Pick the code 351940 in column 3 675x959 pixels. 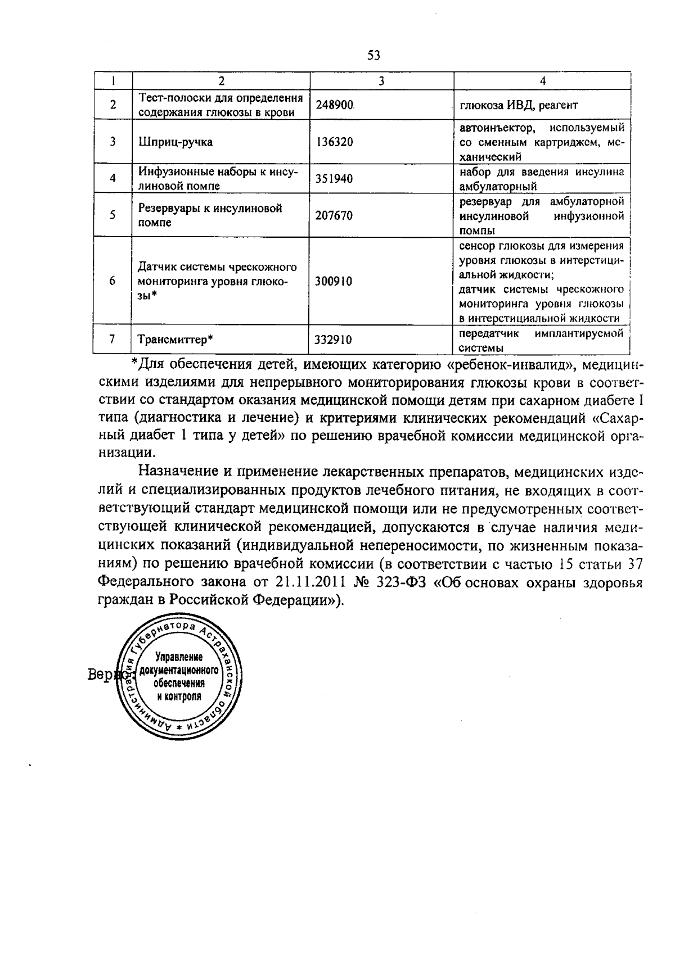334,179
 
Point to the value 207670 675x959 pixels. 334,215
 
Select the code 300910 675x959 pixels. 334,281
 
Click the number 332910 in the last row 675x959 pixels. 334,340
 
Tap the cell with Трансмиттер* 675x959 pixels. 175,340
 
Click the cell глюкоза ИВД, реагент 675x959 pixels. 519,105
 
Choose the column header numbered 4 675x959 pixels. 542,81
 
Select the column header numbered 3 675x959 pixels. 381,81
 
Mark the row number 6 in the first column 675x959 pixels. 113,281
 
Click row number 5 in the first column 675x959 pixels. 113,215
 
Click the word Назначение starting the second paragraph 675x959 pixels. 181,471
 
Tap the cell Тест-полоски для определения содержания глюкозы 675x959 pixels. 221,105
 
